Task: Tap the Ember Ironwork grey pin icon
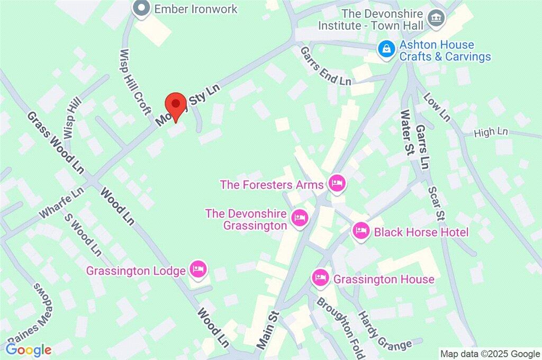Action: click(141, 9)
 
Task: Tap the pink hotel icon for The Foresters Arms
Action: click(337, 184)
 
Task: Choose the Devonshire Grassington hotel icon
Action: click(300, 218)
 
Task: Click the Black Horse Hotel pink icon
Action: click(361, 231)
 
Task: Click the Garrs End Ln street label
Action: click(326, 66)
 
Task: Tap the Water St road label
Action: click(406, 132)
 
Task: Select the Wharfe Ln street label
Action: click(61, 204)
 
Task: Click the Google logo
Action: click(29, 349)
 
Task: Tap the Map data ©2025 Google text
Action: click(490, 354)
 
